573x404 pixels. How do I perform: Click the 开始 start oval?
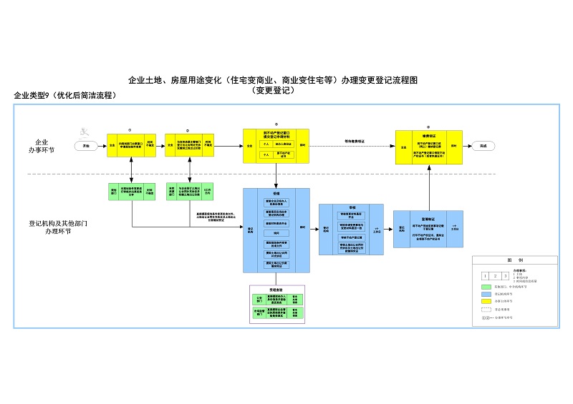tap(87, 145)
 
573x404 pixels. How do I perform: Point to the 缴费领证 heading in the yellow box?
tap(428, 132)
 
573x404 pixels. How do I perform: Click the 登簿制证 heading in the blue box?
tap(428, 219)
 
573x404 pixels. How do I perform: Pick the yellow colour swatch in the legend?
tap(488, 301)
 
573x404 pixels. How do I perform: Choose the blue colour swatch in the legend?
tap(488, 294)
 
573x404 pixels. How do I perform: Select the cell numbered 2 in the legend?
tap(495, 275)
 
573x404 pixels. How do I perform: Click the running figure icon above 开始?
tap(85, 132)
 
